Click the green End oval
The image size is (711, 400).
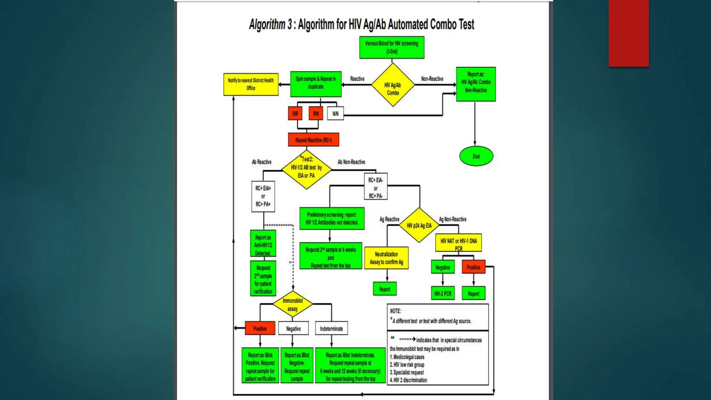476,156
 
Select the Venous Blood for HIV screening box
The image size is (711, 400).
392,48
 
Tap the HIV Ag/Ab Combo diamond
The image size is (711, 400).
393,85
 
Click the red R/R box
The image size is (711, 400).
295,114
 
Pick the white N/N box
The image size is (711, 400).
335,114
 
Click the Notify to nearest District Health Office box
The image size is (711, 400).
251,84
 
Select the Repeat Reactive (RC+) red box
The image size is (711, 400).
313,140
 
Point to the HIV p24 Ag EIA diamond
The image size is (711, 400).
419,225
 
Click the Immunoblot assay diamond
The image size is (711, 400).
293,305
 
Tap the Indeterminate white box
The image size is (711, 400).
331,328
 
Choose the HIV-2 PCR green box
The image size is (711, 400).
443,293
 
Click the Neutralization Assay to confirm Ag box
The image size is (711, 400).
386,258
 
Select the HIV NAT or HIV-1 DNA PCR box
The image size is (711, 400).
458,243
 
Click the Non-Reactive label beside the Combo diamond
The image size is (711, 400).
432,79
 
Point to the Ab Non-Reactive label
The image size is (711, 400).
351,162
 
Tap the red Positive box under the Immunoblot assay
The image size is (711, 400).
260,328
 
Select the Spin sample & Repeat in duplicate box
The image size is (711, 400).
316,84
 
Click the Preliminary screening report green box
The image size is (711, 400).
332,219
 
